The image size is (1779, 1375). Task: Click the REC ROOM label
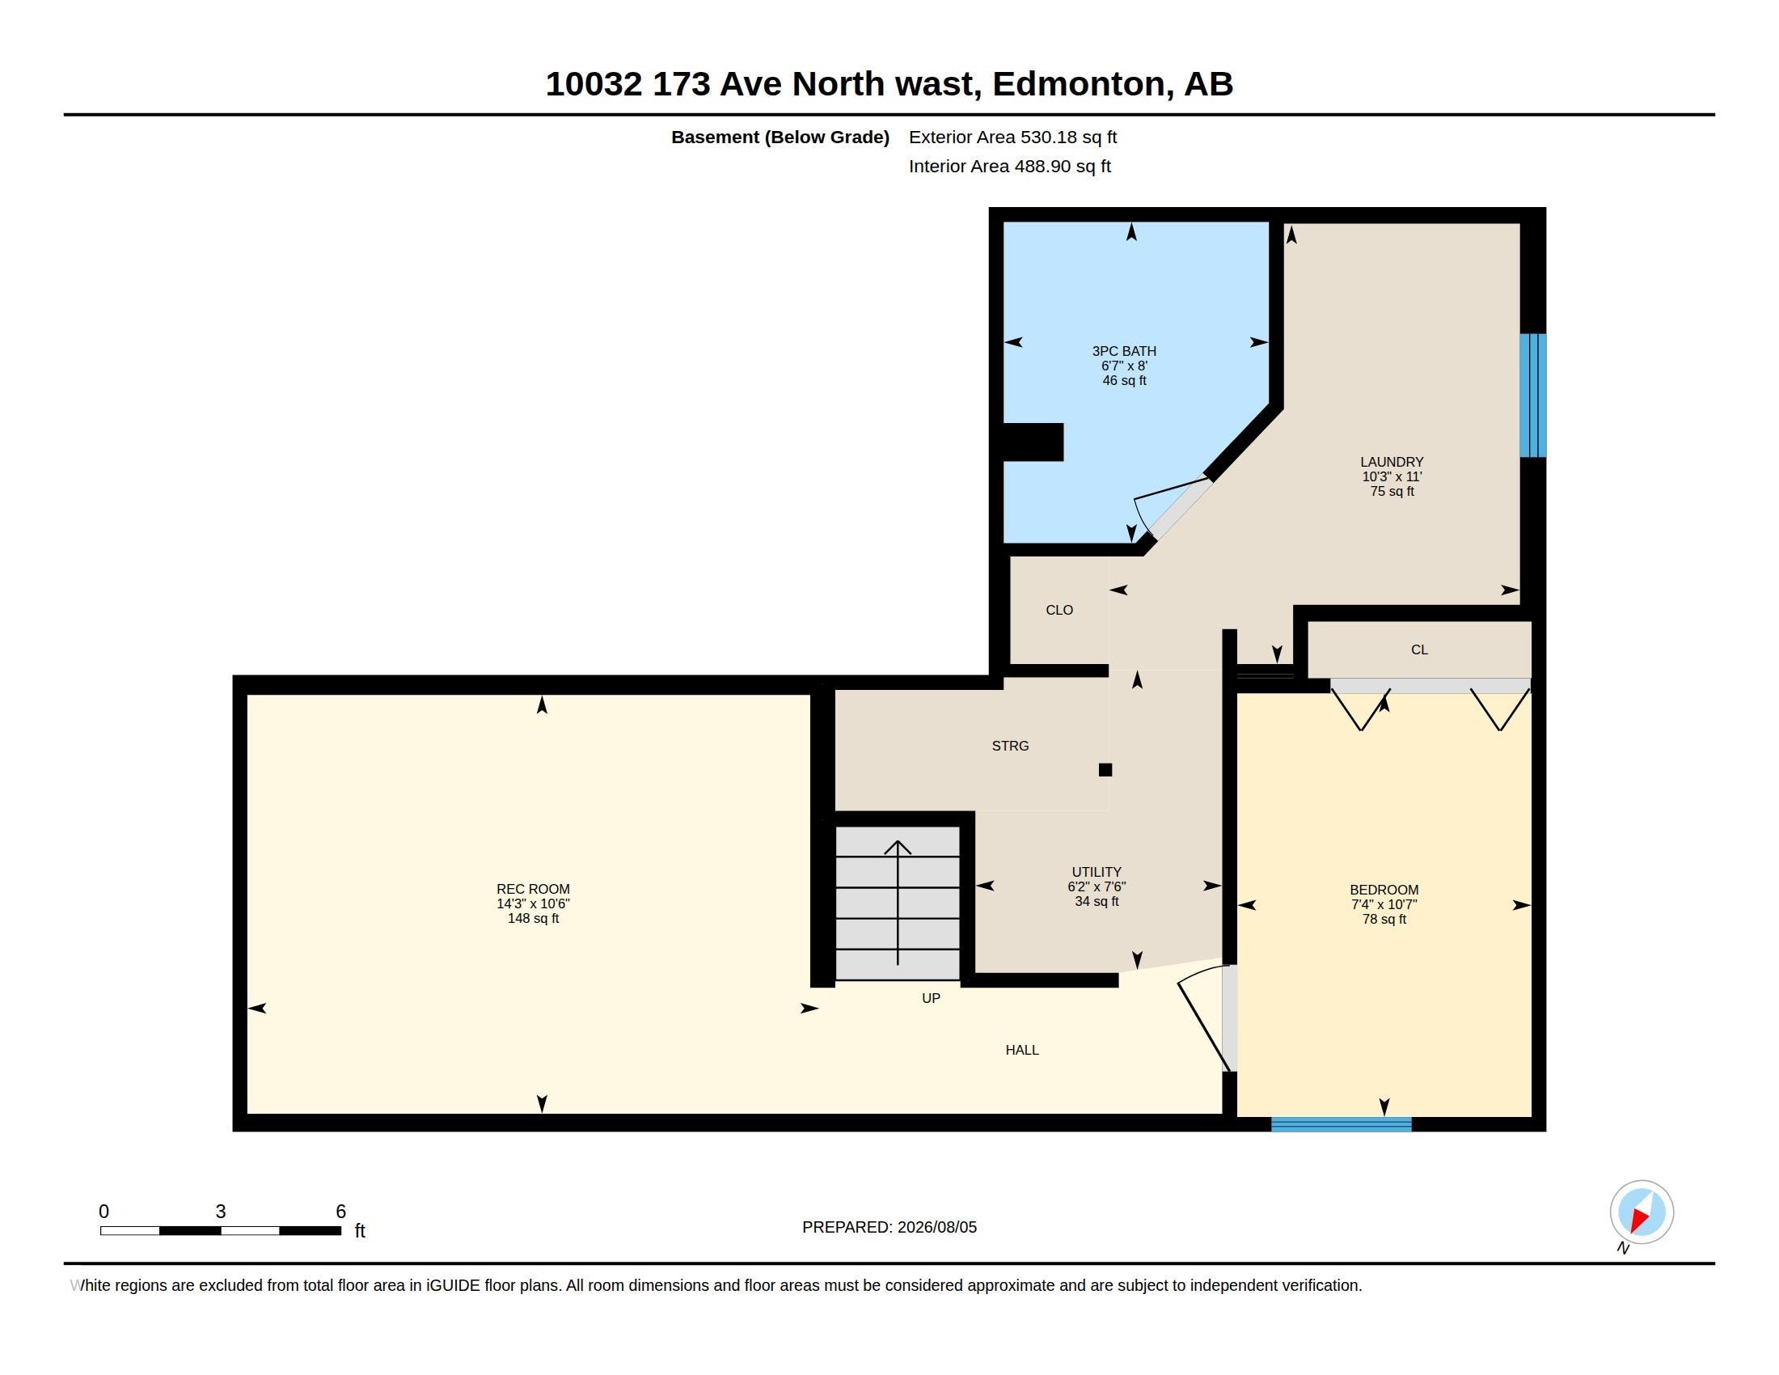(x=533, y=889)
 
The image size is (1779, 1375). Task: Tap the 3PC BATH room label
(x=1124, y=351)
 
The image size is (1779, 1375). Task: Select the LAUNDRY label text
(x=1392, y=462)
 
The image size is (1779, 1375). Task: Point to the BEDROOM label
(x=1384, y=890)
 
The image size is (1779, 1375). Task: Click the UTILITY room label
(x=1097, y=872)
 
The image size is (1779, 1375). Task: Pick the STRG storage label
(x=1010, y=746)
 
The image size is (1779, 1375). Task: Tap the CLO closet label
(x=1059, y=609)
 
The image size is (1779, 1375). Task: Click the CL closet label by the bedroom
(x=1419, y=649)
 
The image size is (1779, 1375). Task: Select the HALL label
(x=1021, y=1050)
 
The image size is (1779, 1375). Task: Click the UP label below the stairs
(x=930, y=998)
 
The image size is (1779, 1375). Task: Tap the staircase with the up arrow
(x=898, y=903)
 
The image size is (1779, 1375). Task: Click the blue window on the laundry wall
(x=1532, y=395)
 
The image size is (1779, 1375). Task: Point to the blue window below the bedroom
(x=1341, y=1124)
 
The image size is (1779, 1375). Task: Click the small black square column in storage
(x=1105, y=770)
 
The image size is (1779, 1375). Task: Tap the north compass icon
(x=1641, y=1212)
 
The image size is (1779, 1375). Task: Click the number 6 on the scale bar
(x=340, y=1212)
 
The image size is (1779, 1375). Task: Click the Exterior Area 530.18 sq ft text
(x=1012, y=137)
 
